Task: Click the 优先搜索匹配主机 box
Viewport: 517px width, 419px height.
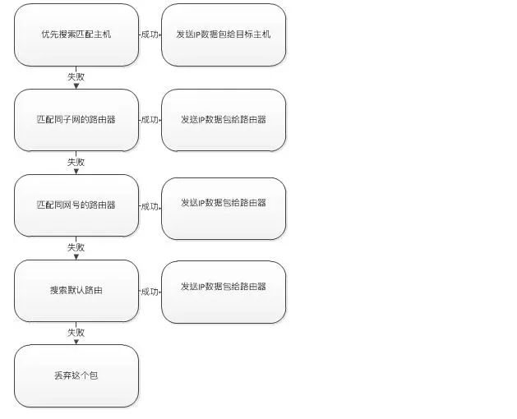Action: point(76,35)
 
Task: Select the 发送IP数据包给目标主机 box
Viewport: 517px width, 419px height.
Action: point(224,35)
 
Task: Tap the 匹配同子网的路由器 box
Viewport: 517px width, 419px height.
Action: point(76,120)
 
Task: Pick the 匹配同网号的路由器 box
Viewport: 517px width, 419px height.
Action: point(76,205)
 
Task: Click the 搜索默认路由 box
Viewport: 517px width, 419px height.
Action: point(76,291)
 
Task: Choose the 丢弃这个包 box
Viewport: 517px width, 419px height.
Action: point(76,375)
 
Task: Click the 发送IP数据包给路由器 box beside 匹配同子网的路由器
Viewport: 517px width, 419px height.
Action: point(224,120)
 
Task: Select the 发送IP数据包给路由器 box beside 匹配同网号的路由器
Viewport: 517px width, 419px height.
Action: point(224,205)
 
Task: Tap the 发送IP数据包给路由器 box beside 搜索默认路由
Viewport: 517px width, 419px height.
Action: point(224,291)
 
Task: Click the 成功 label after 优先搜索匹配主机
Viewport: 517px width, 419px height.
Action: point(150,35)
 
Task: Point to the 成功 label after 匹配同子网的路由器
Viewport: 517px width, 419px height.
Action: point(150,120)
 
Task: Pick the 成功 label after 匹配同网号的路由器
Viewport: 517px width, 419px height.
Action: point(150,206)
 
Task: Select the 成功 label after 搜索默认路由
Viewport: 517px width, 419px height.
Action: point(150,292)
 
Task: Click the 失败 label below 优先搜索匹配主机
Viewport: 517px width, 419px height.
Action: point(76,76)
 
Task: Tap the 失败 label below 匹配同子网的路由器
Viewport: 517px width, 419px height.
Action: point(76,162)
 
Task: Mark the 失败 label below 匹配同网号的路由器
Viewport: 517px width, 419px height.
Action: point(76,247)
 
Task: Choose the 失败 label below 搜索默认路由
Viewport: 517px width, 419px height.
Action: point(76,333)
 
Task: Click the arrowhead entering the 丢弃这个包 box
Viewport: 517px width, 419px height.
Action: point(76,341)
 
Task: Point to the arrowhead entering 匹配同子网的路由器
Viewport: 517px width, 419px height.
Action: point(76,85)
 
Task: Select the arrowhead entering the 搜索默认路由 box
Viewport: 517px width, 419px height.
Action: point(76,256)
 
